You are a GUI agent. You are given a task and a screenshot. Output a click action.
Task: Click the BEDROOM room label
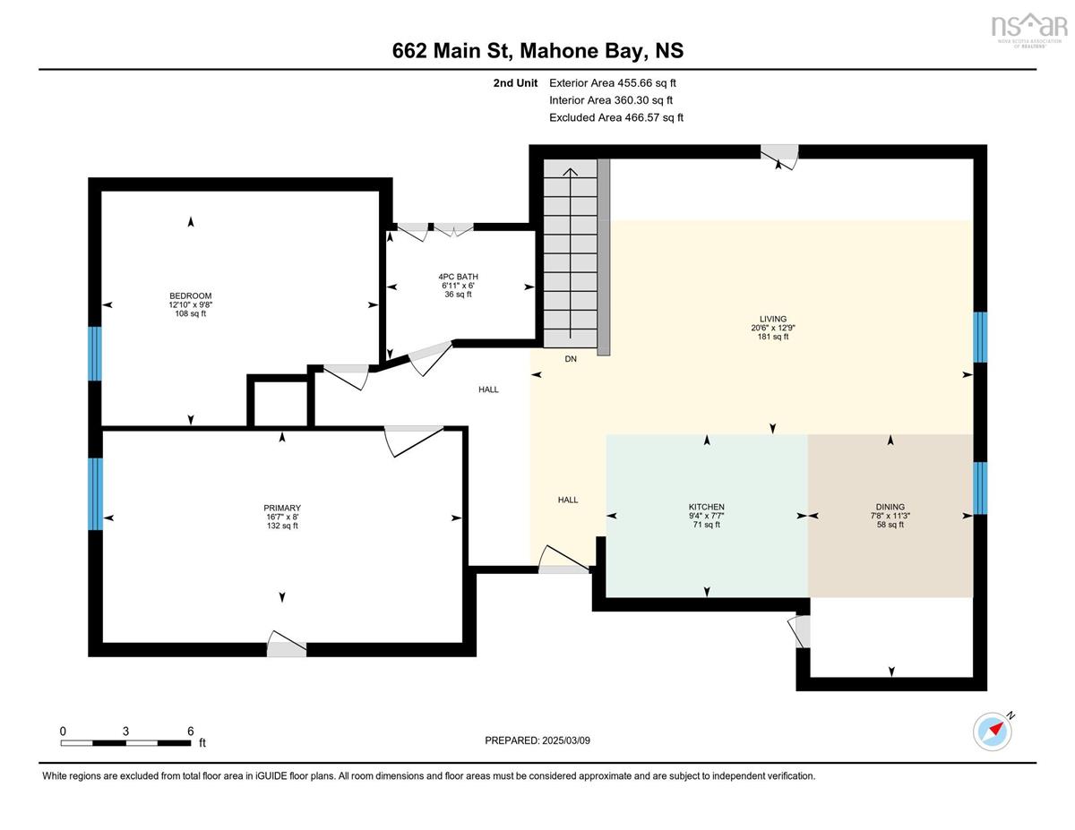[190, 296]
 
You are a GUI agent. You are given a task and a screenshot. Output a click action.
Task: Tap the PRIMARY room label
[282, 509]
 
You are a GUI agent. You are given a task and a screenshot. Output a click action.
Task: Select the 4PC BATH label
[458, 277]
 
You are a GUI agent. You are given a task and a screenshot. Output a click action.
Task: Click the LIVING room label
[772, 319]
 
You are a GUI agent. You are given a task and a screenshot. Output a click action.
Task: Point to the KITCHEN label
[707, 507]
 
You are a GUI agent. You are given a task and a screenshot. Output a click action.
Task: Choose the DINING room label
[890, 507]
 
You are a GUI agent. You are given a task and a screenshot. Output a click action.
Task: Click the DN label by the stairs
[571, 359]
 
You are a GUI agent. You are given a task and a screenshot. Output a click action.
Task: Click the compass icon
[993, 731]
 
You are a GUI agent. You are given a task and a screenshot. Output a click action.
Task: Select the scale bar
[126, 742]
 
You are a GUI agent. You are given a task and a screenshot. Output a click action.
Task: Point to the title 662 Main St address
[537, 51]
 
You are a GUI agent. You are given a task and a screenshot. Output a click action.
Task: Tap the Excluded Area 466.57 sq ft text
[616, 117]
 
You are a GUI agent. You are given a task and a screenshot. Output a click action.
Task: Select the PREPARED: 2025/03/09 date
[537, 740]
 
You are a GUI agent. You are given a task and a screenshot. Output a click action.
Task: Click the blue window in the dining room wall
[980, 488]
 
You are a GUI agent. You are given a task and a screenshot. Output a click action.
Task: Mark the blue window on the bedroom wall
[94, 354]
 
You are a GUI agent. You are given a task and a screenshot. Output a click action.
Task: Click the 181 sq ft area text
[772, 337]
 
